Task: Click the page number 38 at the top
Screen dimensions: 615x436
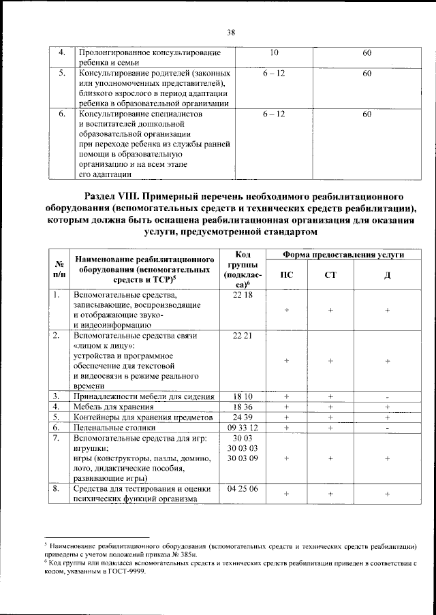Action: click(218, 30)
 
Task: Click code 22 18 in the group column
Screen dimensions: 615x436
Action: click(242, 295)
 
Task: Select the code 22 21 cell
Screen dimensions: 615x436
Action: click(242, 336)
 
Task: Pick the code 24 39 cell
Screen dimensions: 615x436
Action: click(242, 417)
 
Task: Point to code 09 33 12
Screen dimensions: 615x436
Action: click(242, 428)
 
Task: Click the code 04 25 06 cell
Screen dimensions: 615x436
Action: click(242, 488)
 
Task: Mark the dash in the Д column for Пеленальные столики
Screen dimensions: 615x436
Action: click(386, 428)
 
